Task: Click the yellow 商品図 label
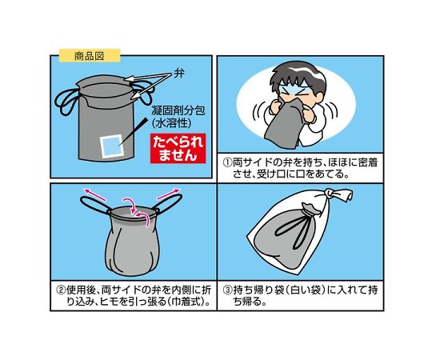pyautogui.click(x=90, y=56)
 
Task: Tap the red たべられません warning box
pyautogui.click(x=178, y=148)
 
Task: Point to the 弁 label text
pyautogui.click(x=179, y=74)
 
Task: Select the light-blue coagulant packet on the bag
pyautogui.click(x=112, y=146)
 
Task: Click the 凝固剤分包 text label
pyautogui.click(x=178, y=110)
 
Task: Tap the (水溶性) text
pyautogui.click(x=172, y=123)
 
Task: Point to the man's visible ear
pyautogui.click(x=318, y=98)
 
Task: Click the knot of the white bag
pyautogui.click(x=330, y=194)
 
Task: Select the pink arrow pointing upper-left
pyautogui.click(x=94, y=194)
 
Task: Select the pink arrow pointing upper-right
pyautogui.click(x=168, y=194)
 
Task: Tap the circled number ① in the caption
pyautogui.click(x=226, y=162)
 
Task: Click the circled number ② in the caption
pyautogui.click(x=60, y=290)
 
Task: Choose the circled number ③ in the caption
pyautogui.click(x=227, y=290)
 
